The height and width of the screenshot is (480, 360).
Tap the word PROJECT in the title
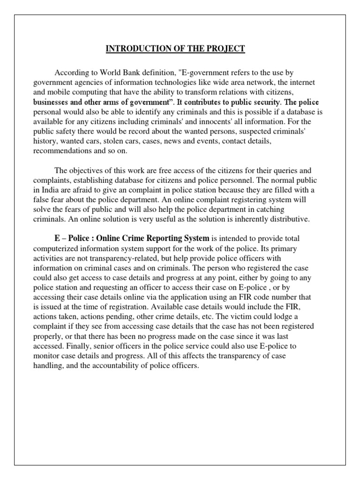pos(227,49)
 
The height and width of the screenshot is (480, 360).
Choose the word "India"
pos(50,190)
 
